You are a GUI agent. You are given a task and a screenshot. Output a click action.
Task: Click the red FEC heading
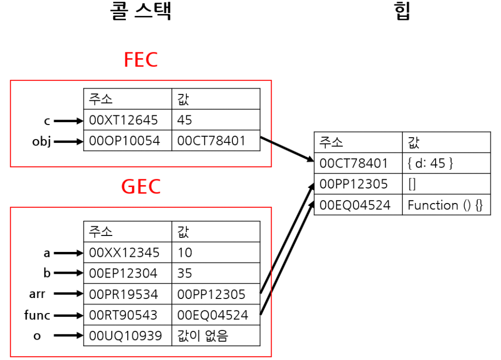point(141,60)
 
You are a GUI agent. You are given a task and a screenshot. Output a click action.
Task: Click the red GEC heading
point(141,187)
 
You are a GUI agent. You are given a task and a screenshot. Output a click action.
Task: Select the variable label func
point(37,315)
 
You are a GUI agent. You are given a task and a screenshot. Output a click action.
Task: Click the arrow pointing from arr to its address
point(68,294)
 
